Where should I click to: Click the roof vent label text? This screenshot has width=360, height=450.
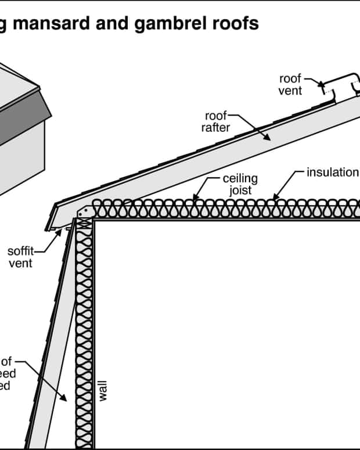pos(290,85)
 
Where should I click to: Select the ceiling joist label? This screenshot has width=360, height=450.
pos(239,184)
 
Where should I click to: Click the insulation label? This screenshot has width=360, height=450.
pos(332,172)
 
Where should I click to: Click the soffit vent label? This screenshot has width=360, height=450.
pos(20,257)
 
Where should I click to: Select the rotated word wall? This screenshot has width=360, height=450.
pos(103,390)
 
